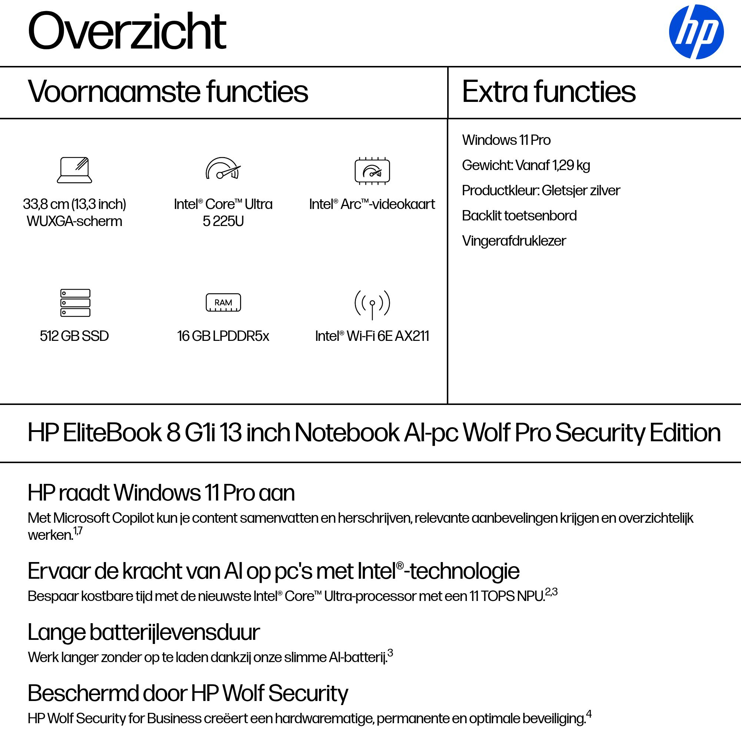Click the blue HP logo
[x=696, y=32]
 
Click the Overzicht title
[x=127, y=31]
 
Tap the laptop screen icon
[x=74, y=170]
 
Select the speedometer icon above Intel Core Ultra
[x=223, y=169]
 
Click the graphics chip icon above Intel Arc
[x=372, y=171]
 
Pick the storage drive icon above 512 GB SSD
[x=75, y=303]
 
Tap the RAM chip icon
[x=223, y=303]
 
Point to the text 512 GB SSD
[x=74, y=336]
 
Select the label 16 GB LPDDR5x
[x=223, y=336]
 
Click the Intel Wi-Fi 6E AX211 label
[x=372, y=336]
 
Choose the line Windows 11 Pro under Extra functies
[x=506, y=140]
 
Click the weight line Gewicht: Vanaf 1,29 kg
[x=525, y=165]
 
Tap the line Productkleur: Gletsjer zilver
[x=541, y=190]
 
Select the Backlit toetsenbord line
[x=519, y=216]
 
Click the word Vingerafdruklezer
[x=514, y=241]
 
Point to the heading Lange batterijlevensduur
[x=144, y=632]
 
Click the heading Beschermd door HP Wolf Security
[x=187, y=694]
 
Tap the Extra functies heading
[x=548, y=92]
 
